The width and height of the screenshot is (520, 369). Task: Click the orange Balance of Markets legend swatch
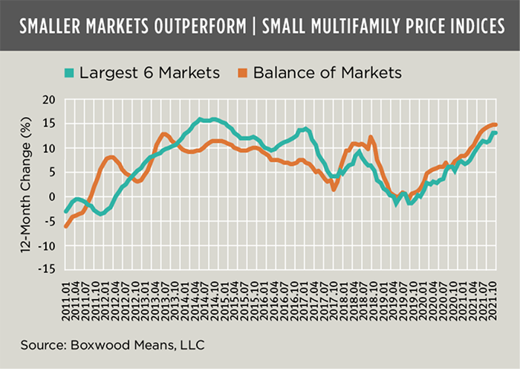(x=241, y=74)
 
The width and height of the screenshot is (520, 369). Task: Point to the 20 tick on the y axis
(x=50, y=100)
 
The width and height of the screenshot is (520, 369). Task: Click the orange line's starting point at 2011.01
(x=65, y=226)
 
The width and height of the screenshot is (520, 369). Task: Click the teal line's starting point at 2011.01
(x=65, y=211)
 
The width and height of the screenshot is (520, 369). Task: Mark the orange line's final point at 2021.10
(x=495, y=124)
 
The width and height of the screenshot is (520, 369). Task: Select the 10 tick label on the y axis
(x=50, y=149)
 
